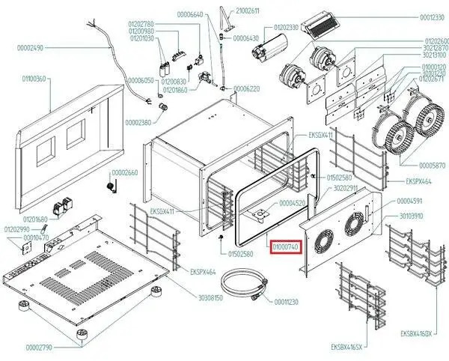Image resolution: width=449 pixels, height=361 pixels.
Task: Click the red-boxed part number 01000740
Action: [285, 246]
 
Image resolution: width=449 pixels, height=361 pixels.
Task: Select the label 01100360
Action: [34, 79]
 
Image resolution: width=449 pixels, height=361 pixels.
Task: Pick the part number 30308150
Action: [211, 297]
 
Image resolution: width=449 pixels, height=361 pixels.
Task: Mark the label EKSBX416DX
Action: [417, 333]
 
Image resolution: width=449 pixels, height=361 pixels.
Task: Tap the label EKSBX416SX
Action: [346, 348]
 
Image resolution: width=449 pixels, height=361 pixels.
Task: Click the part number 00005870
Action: [432, 164]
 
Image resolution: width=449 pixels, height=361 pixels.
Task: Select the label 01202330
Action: [282, 27]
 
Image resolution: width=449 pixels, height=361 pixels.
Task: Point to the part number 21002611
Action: [248, 10]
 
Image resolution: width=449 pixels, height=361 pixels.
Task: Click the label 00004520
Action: [292, 203]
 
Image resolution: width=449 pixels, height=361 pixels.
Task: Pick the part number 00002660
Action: [126, 173]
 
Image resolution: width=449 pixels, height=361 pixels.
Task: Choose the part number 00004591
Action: [409, 201]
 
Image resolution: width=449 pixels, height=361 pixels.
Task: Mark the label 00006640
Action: [190, 15]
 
